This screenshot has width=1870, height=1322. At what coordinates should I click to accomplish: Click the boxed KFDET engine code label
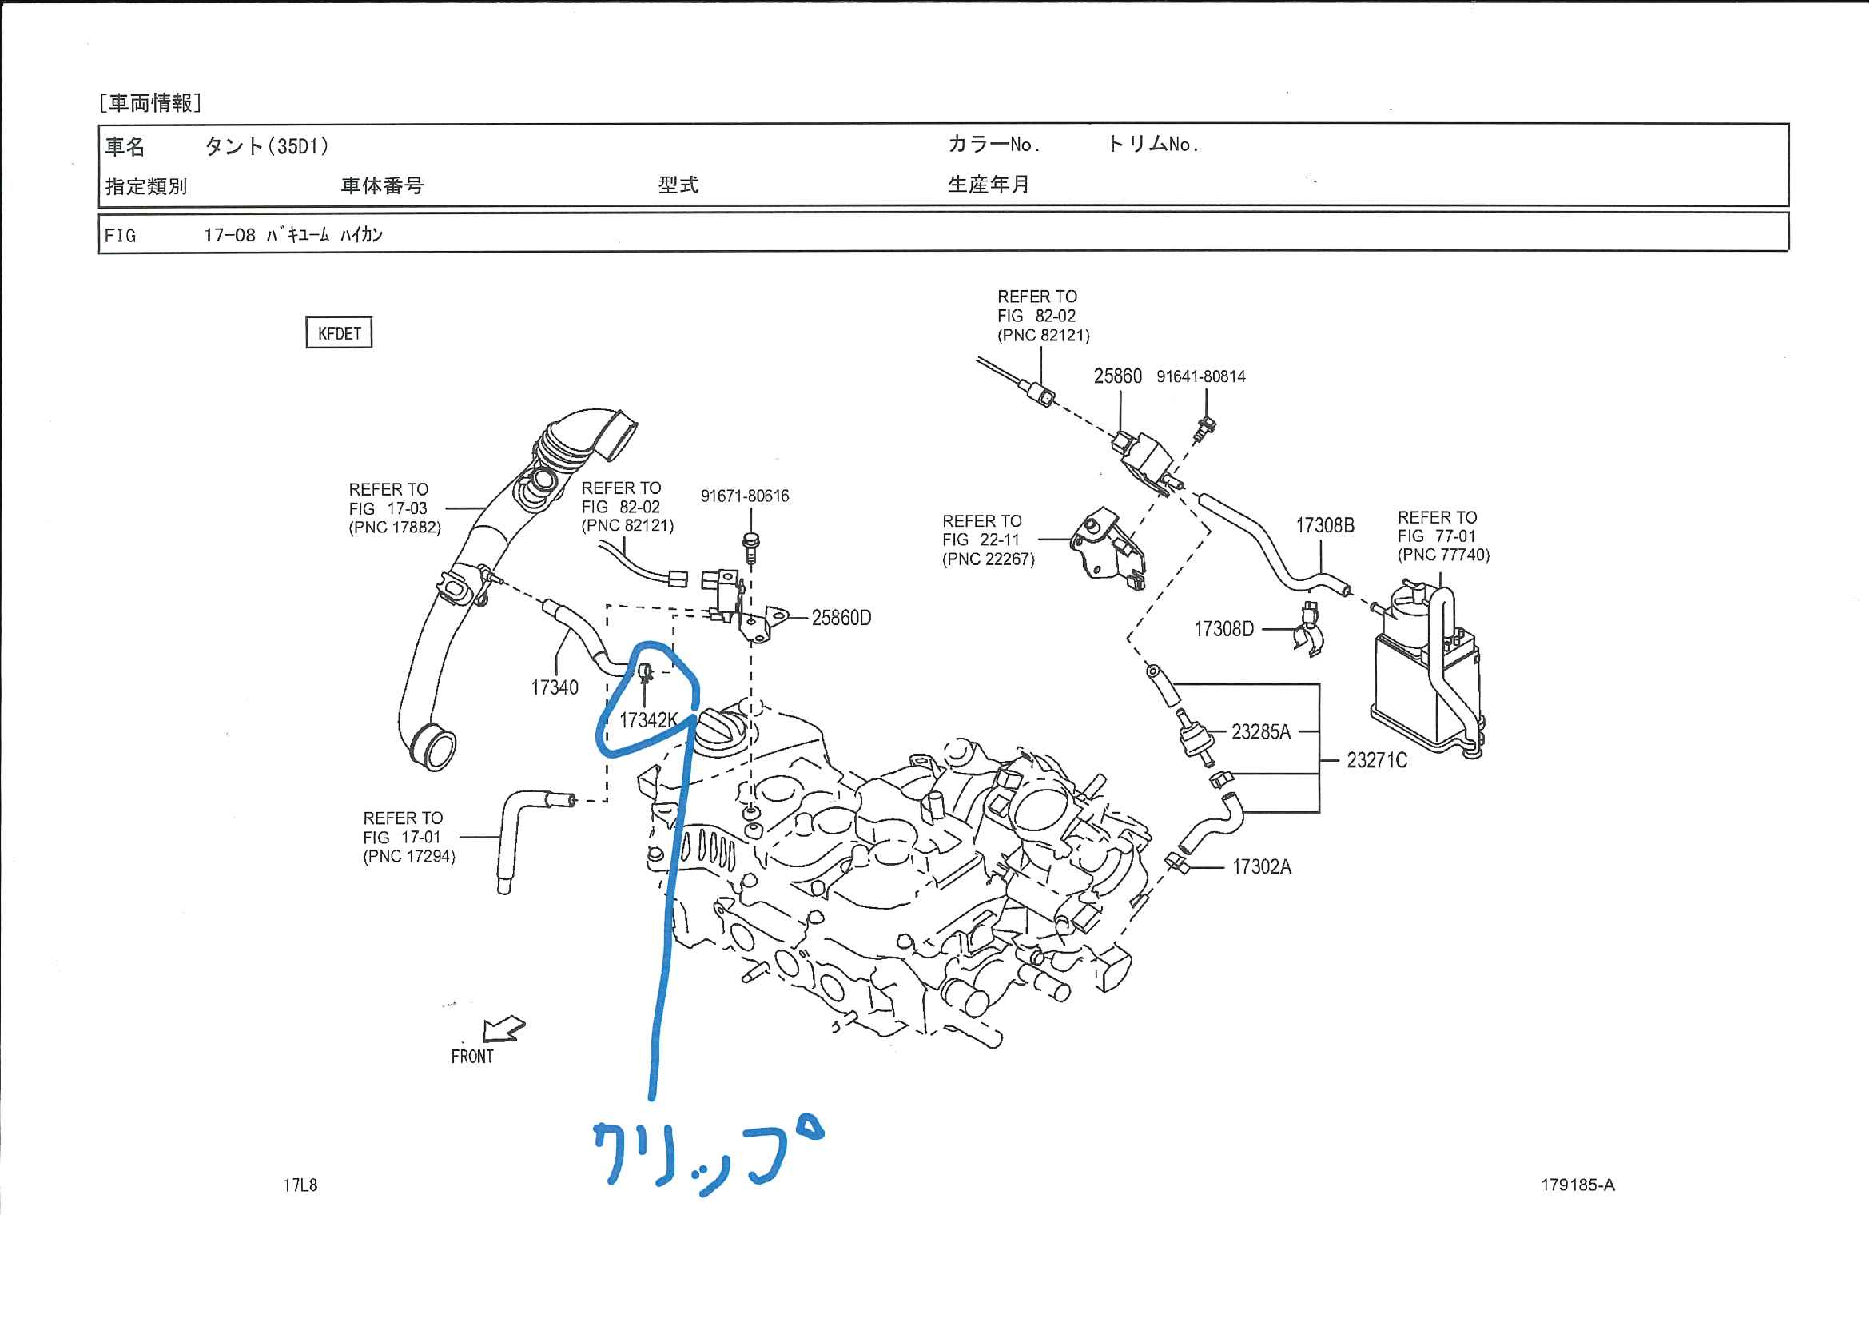point(339,332)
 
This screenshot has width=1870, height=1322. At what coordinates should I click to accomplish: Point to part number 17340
point(554,687)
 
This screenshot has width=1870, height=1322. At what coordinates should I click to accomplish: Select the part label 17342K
point(647,720)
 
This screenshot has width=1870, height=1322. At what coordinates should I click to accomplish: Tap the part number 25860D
point(841,618)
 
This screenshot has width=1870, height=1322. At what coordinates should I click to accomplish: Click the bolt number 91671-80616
point(745,496)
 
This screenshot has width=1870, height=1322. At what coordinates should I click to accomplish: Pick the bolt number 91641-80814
point(1200,376)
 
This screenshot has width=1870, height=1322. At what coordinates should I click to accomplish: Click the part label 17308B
point(1324,525)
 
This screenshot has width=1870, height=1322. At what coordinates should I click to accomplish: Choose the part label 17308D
point(1223,629)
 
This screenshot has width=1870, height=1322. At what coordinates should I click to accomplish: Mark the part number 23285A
point(1261,731)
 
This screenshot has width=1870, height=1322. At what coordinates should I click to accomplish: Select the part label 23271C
point(1376,760)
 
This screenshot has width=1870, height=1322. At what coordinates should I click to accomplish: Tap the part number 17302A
point(1262,866)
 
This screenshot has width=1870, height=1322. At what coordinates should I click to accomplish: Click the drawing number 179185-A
point(1577,1185)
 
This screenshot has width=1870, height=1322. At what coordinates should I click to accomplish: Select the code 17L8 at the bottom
point(300,1185)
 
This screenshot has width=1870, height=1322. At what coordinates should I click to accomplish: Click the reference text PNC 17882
point(395,527)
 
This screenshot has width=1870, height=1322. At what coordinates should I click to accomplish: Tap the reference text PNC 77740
point(1443,555)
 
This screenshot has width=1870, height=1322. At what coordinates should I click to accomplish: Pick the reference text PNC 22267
point(988,559)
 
